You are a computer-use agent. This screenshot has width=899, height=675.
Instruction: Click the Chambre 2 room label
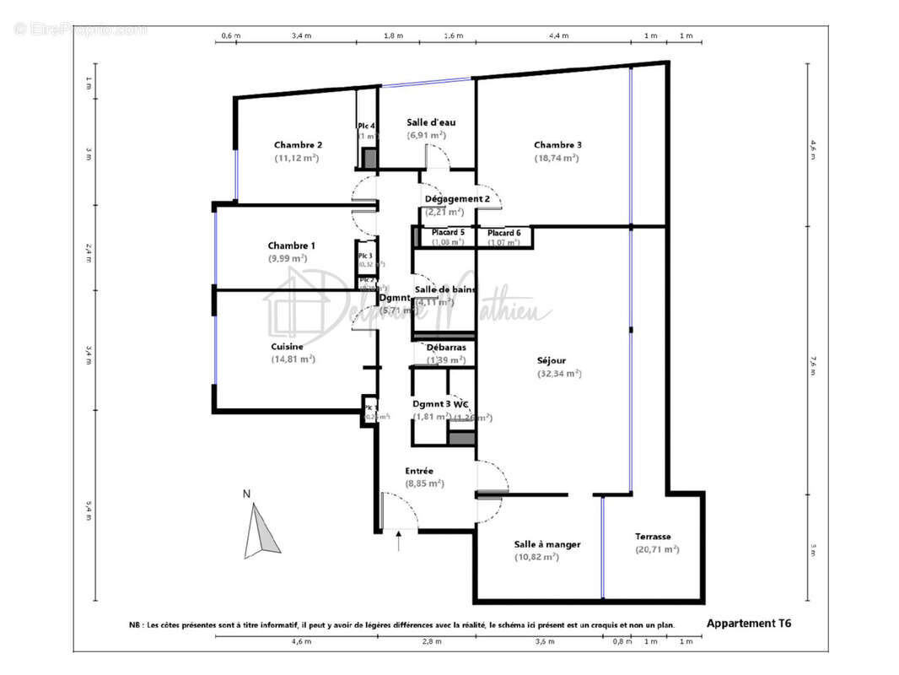pos(297,144)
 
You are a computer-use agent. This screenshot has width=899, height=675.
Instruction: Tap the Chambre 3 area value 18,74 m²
pos(557,158)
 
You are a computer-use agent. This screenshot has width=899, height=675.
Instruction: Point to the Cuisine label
pos(287,346)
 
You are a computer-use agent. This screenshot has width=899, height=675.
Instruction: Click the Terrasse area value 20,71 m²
pos(657,549)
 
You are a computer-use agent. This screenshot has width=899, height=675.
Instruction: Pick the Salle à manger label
pos(546,544)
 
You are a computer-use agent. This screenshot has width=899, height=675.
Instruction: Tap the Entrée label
pos(419,471)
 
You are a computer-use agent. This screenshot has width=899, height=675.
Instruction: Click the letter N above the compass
pos(246,494)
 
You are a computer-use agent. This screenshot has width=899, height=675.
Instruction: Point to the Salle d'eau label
pos(431,122)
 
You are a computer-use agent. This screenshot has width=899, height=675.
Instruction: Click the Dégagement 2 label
pos(458,199)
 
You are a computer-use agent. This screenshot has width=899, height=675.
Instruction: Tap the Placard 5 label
pos(448,232)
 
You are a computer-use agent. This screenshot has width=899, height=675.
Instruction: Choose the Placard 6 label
pos(504,233)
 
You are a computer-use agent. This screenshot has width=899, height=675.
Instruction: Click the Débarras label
pos(446,347)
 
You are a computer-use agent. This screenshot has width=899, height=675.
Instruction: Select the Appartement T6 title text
pos(748,624)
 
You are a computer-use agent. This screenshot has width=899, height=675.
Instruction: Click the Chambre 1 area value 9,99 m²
pos(291,258)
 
